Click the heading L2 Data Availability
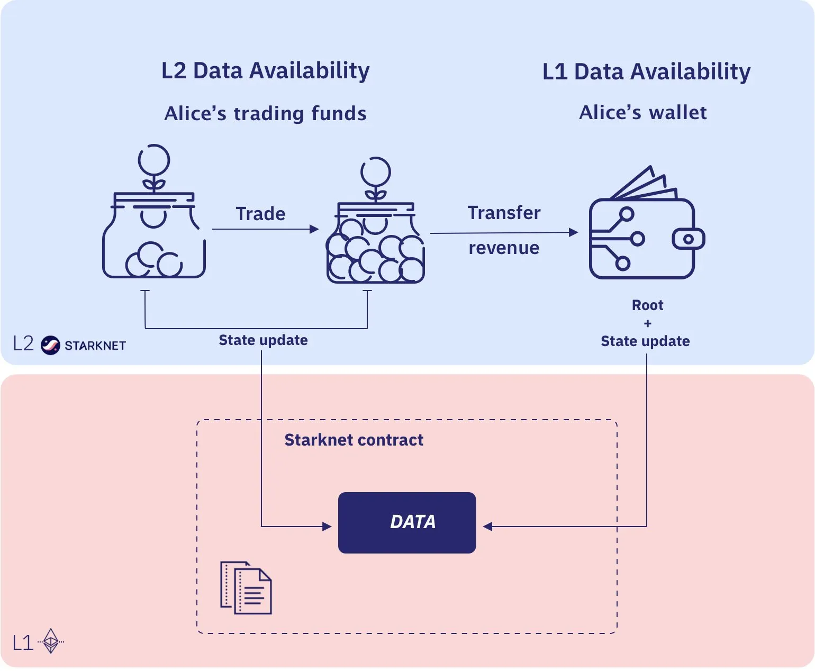(266, 71)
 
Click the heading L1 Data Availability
(647, 72)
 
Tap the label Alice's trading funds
(266, 114)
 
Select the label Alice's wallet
(643, 113)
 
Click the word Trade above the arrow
(261, 214)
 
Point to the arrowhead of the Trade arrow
(314, 229)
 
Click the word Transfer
(504, 213)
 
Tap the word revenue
(504, 248)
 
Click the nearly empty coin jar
(154, 211)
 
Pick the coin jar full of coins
(376, 220)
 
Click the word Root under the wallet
(648, 305)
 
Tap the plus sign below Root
(648, 323)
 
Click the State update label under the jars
(263, 340)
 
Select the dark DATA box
(407, 523)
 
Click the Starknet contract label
(354, 440)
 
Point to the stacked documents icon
(246, 588)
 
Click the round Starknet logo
(51, 345)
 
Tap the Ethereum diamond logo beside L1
(51, 641)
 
